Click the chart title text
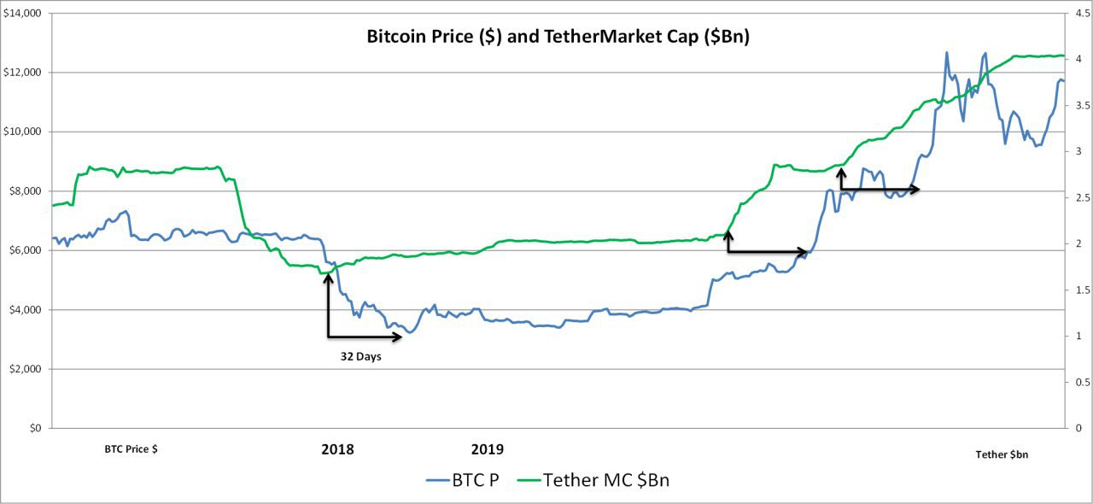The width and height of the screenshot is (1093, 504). pyautogui.click(x=558, y=37)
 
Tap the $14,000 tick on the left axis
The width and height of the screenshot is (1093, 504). pyautogui.click(x=22, y=13)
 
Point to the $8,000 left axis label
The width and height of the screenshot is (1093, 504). pyautogui.click(x=26, y=191)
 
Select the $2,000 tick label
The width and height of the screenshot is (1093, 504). pyautogui.click(x=26, y=369)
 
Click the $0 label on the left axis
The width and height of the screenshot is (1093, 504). pyautogui.click(x=35, y=428)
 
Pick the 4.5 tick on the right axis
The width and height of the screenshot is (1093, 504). pyautogui.click(x=1082, y=13)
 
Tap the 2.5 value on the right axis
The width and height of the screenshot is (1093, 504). pyautogui.click(x=1082, y=198)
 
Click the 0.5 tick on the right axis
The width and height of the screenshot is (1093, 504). pyautogui.click(x=1082, y=382)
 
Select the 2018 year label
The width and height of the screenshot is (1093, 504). pyautogui.click(x=337, y=449)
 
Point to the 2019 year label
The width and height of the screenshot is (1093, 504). pyautogui.click(x=488, y=449)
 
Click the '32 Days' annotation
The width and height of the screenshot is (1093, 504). pyautogui.click(x=361, y=357)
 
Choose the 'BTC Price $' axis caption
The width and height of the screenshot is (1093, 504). pyautogui.click(x=131, y=449)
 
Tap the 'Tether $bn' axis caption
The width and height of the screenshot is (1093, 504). pyautogui.click(x=1002, y=454)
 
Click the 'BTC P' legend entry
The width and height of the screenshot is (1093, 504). pyautogui.click(x=463, y=480)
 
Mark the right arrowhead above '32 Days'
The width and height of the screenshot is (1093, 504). pyautogui.click(x=396, y=337)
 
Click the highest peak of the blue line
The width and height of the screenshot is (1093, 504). pyautogui.click(x=947, y=52)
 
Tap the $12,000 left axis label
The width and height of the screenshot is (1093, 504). pyautogui.click(x=22, y=73)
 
